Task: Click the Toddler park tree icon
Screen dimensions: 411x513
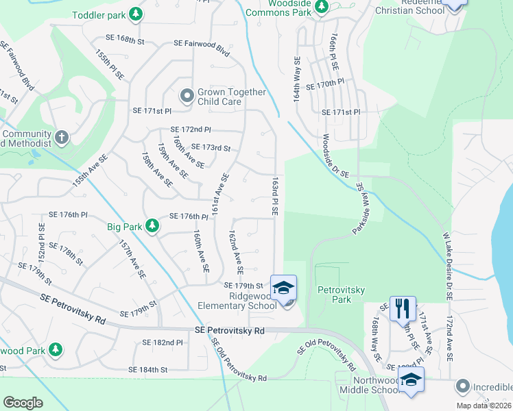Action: tap(136, 13)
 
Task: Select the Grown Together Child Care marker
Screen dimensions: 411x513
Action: tap(186, 97)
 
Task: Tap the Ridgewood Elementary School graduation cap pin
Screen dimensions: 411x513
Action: tap(283, 288)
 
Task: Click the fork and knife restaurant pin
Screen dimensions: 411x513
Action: tap(403, 308)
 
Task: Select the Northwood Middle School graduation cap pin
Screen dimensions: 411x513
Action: tap(411, 381)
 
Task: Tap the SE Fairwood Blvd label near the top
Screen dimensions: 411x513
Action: tap(201, 42)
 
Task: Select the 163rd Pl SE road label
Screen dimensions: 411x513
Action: tap(274, 197)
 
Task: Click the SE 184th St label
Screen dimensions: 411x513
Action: tap(148, 370)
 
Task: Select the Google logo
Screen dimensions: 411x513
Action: tap(23, 402)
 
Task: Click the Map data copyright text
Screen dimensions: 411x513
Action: tap(483, 406)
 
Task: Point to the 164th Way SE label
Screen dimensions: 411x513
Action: tap(297, 79)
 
